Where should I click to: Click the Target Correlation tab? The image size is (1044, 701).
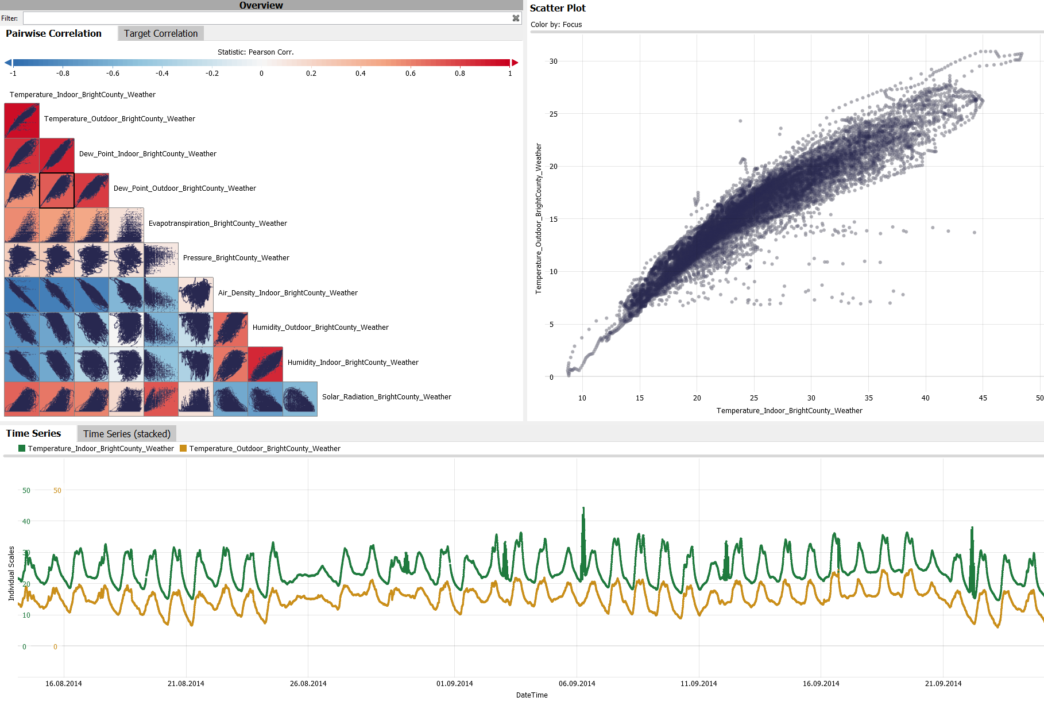click(160, 33)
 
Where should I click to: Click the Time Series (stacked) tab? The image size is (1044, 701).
click(126, 434)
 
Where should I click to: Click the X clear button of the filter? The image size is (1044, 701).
click(516, 18)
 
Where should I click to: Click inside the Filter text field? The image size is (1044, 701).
click(264, 18)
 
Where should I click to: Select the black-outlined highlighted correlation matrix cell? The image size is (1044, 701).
click(57, 190)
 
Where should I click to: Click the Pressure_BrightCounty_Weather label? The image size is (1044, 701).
click(236, 258)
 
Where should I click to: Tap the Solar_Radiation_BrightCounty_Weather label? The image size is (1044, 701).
click(386, 397)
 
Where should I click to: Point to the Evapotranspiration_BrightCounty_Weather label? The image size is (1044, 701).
click(218, 224)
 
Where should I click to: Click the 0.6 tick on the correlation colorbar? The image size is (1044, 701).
click(410, 74)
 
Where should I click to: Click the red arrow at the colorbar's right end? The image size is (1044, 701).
click(515, 63)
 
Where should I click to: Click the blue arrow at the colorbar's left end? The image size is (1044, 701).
click(8, 63)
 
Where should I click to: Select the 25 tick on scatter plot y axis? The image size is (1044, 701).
click(553, 114)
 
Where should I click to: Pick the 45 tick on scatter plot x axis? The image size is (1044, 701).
click(983, 398)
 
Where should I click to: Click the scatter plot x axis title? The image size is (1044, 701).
click(789, 410)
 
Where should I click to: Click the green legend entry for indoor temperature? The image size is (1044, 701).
click(96, 449)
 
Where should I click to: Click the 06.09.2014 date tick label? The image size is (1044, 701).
click(577, 683)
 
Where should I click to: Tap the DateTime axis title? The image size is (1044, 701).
click(532, 695)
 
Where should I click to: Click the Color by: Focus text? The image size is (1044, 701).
click(556, 25)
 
